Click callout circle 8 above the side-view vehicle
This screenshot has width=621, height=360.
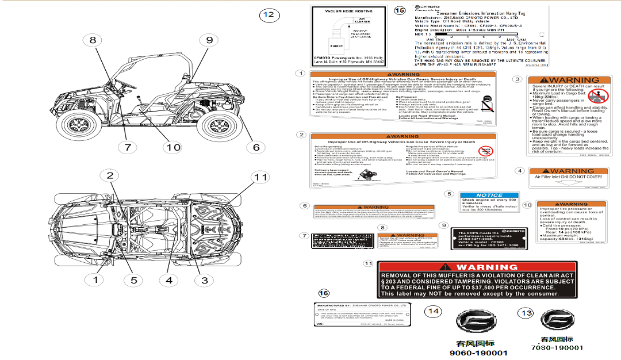tap(93, 40)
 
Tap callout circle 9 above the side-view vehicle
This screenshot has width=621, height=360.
tap(209, 40)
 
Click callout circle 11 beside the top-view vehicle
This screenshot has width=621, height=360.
tap(261, 177)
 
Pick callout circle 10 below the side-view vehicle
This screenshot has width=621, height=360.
tap(172, 147)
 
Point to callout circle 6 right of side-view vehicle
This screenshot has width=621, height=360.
tap(256, 147)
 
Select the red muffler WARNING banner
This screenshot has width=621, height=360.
tap(478, 267)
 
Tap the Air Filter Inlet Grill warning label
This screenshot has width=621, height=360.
tap(568, 178)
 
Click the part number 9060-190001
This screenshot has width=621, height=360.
tap(478, 353)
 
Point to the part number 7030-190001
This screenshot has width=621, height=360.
tap(558, 347)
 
